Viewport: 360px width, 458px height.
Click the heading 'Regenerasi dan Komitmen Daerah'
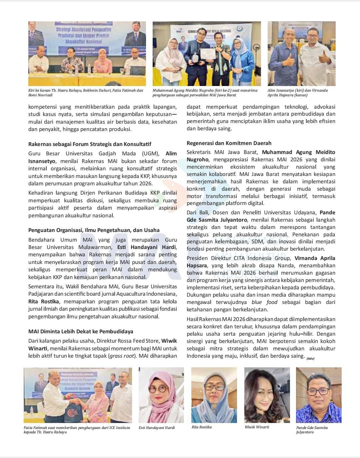pyautogui.click(x=229, y=143)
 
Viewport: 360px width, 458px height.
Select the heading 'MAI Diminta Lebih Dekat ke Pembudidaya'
pyautogui.click(x=81, y=331)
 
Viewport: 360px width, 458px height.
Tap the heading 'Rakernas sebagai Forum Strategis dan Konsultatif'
pyautogui.click(x=90, y=144)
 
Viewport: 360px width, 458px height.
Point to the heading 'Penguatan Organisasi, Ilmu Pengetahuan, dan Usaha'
pyautogui.click(x=94, y=230)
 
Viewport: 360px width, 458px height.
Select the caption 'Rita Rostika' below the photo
pyautogui.click(x=202, y=427)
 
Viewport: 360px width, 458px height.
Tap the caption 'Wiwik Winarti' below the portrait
pyautogui.click(x=257, y=427)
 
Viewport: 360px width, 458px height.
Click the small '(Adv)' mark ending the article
pyautogui.click(x=310, y=358)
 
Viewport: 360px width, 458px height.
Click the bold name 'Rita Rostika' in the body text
pyautogui.click(x=44, y=302)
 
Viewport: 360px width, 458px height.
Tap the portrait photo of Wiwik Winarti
pyautogui.click(x=267, y=395)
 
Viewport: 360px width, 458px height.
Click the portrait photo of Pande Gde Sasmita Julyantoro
pyautogui.click(x=319, y=395)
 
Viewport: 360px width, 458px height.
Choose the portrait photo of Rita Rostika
pyautogui.click(x=214, y=395)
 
